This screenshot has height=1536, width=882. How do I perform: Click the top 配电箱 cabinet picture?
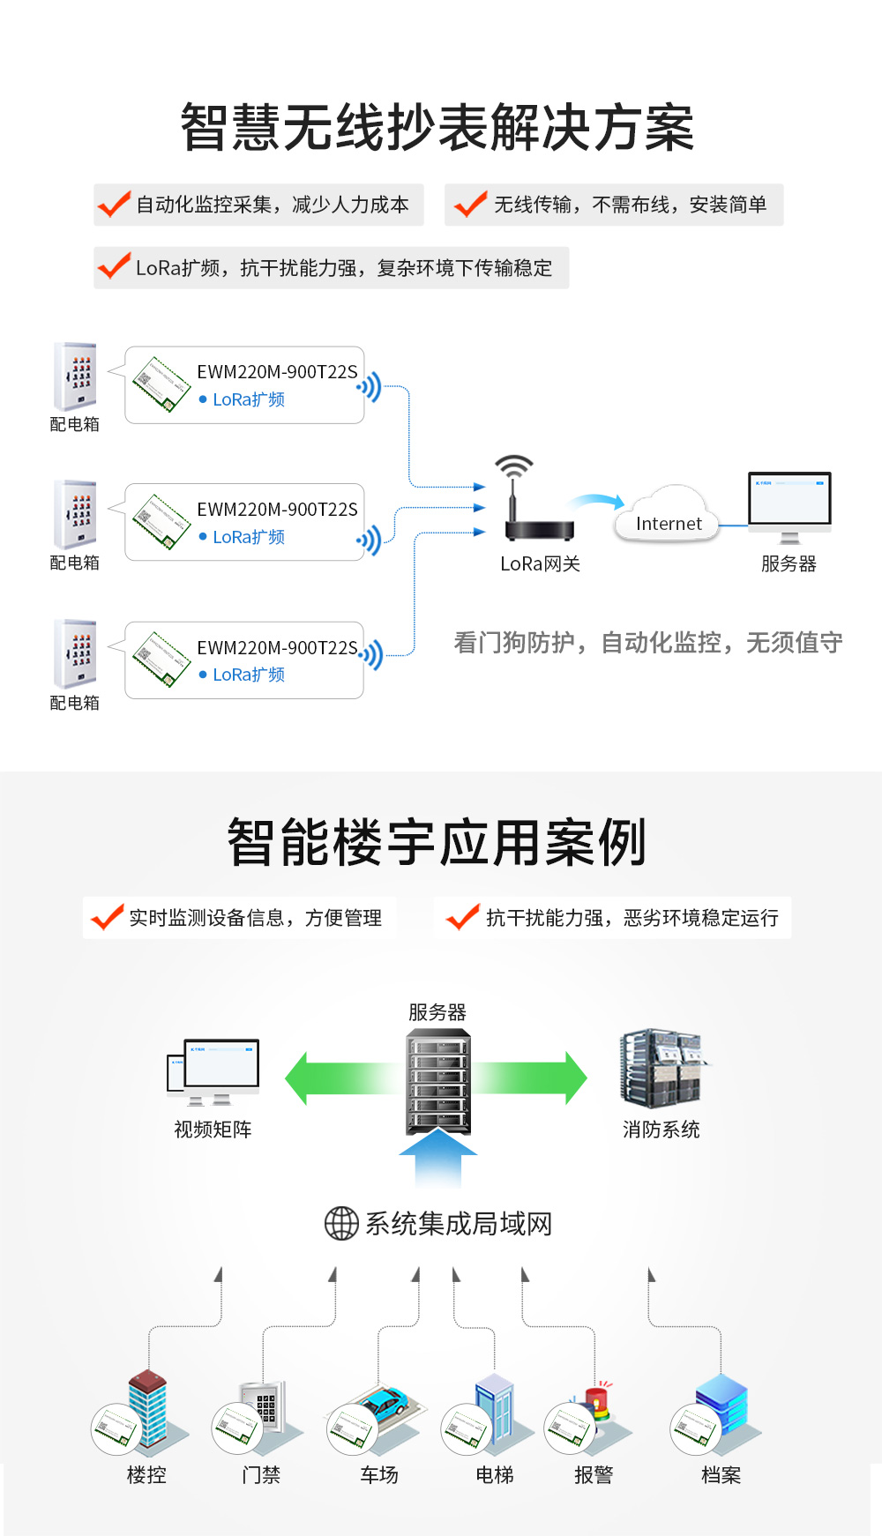[75, 377]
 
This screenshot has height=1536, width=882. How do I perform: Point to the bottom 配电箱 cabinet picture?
[75, 653]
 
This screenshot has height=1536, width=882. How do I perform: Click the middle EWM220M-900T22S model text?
[277, 510]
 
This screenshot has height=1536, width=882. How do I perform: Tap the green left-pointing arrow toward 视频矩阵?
[340, 1078]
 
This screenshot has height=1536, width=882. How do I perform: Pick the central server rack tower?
[438, 1082]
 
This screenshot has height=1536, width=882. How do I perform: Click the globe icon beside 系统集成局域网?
[341, 1224]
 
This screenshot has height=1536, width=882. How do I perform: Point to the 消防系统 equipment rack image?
[662, 1068]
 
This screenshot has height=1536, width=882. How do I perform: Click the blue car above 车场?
[386, 1400]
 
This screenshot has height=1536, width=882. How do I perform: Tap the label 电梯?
[494, 1475]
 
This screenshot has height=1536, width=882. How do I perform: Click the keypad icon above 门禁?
[265, 1406]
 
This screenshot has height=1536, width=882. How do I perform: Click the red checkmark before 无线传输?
[470, 205]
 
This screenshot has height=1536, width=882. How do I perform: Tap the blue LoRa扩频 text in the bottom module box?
[249, 675]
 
